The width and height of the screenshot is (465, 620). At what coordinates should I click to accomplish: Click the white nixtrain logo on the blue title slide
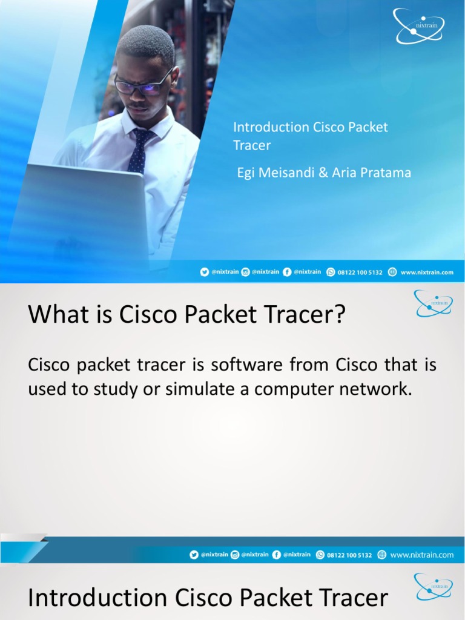click(x=419, y=26)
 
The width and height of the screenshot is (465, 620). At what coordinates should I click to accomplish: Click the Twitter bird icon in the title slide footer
click(x=205, y=272)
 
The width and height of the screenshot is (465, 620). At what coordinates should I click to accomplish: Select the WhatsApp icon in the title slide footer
click(x=331, y=272)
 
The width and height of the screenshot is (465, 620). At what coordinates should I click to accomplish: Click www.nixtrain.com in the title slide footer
click(x=426, y=272)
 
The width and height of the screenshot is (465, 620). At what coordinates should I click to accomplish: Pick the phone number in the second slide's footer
click(x=349, y=555)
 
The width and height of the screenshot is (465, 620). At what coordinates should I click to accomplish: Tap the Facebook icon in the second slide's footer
click(x=276, y=555)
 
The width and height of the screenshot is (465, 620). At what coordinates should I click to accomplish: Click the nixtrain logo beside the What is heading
click(x=433, y=303)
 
